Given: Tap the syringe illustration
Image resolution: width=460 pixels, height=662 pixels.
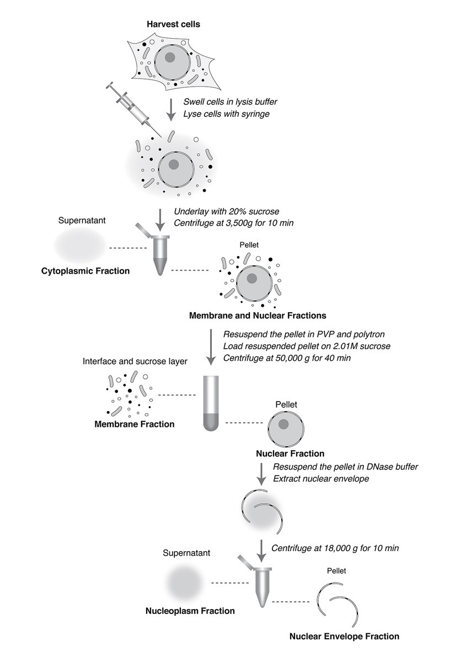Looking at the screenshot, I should pos(131,108).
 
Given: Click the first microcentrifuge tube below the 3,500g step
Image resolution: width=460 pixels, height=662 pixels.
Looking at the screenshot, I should pos(160,254).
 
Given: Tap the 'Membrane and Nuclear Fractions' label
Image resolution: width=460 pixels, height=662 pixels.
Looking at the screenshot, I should pos(258,316).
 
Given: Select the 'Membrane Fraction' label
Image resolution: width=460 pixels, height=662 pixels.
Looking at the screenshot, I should pos(134,424).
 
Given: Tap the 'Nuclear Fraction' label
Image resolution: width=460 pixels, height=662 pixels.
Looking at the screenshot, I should pos(290,454).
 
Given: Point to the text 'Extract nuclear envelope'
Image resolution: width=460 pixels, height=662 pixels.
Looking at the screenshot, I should pos(320,478).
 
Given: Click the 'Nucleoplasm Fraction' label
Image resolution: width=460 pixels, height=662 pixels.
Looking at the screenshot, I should pos(190,611).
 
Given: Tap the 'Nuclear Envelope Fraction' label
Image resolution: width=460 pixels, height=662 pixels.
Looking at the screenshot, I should pos(344,636).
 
